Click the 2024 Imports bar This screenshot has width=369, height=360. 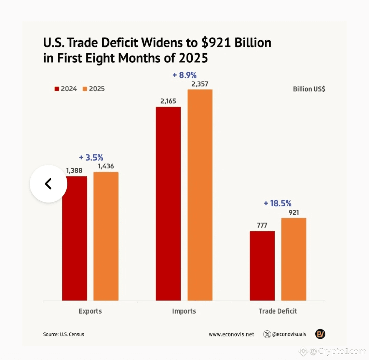pos(168,204)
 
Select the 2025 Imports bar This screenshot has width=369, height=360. pos(200,195)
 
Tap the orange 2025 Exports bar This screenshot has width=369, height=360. pos(106,236)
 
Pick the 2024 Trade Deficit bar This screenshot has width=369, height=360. pos(262,266)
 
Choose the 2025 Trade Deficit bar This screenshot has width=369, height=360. pos(293,259)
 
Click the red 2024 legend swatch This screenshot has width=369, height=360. pos(57,89)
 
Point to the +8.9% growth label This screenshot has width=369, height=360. pos(185,75)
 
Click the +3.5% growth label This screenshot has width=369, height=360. pos(91,157)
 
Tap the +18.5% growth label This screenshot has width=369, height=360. pos(277,203)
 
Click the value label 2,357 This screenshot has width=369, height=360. pos(200,84)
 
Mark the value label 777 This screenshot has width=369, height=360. pos(262,225)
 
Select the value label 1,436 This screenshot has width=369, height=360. pos(106,166)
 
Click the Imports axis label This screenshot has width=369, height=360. pos(184,311)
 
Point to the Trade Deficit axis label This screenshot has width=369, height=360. pos(278,311)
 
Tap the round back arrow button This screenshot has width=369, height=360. pos(48,184)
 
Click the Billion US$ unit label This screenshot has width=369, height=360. pos(309,89)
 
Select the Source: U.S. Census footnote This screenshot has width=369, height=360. pos(64,334)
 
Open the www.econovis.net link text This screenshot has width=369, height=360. pos(231,334)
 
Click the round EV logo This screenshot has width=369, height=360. pos(320,334)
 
